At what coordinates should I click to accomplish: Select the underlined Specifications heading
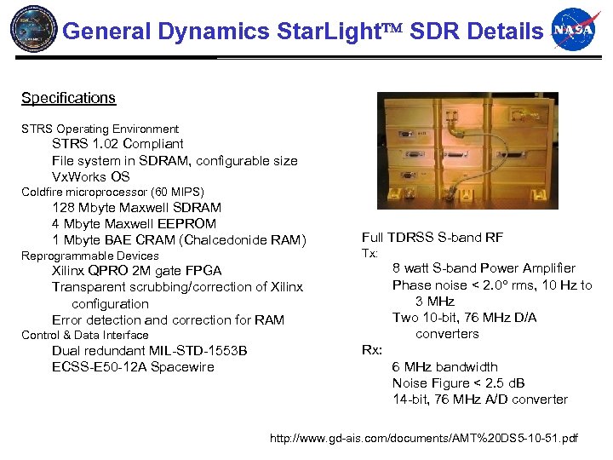(x=68, y=98)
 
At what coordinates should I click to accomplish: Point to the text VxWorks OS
(x=91, y=176)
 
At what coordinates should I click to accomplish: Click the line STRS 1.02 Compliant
(x=117, y=144)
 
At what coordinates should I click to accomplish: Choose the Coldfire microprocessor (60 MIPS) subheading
(x=112, y=192)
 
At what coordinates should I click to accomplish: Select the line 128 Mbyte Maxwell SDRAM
(x=136, y=208)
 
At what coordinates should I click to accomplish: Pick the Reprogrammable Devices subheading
(x=89, y=256)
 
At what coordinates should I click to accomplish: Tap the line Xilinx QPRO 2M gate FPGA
(x=136, y=271)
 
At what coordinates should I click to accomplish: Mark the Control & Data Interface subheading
(x=84, y=335)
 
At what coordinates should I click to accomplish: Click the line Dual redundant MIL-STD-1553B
(x=149, y=351)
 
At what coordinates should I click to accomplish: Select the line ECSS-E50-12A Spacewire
(x=133, y=367)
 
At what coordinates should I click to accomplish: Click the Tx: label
(x=370, y=253)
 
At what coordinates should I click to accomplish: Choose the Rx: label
(x=372, y=350)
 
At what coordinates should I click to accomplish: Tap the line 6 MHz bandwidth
(x=444, y=367)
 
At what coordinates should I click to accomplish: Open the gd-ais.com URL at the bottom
(x=423, y=438)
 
